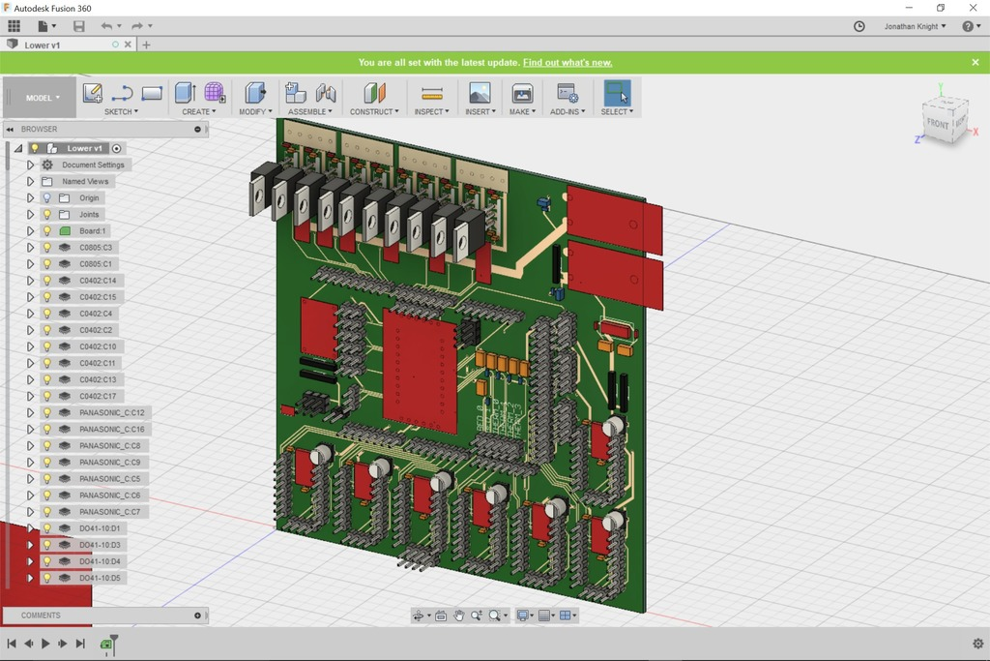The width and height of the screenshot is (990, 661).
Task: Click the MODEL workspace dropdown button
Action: [x=40, y=98]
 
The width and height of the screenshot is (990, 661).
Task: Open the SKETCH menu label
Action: [x=121, y=111]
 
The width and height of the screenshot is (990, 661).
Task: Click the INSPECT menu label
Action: [x=431, y=111]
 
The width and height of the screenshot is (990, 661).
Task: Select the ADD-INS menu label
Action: [x=568, y=111]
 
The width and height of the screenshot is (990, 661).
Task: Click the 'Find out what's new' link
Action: [x=568, y=62]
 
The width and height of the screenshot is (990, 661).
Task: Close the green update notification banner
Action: [x=975, y=62]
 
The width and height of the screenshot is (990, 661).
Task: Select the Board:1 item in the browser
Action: [x=94, y=231]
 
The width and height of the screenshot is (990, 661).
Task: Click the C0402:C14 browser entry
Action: [x=97, y=281]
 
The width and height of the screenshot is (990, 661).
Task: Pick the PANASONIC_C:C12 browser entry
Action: [x=111, y=412]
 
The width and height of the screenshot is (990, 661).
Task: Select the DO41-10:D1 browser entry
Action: [x=100, y=528]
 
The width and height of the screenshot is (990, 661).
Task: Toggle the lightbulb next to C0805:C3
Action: [x=46, y=248]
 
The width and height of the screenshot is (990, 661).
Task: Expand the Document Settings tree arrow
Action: [x=30, y=165]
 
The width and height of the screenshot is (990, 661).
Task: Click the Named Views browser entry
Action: [x=85, y=181]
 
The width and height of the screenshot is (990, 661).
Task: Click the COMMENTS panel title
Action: [x=41, y=616]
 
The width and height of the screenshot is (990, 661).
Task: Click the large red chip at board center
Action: [x=420, y=371]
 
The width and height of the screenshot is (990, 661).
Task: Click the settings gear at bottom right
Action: [x=977, y=644]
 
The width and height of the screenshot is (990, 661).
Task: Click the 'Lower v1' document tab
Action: [x=43, y=45]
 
